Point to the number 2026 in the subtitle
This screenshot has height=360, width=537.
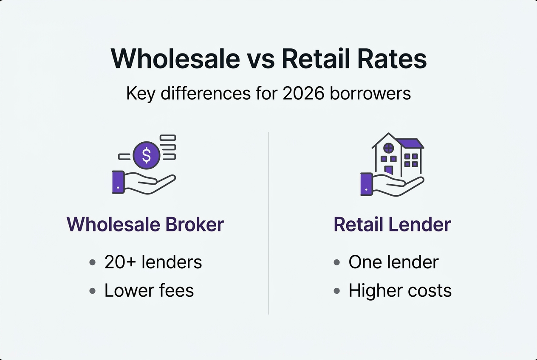[303, 93]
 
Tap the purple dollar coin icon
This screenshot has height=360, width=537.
[146, 155]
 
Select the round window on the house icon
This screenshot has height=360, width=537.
[388, 148]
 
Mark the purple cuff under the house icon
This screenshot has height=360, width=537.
[366, 184]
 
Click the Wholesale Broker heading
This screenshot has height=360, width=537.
[145, 224]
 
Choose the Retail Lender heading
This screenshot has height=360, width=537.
[392, 224]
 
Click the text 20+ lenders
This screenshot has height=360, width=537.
[153, 262]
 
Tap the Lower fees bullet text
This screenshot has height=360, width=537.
[149, 290]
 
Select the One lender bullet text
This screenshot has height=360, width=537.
[393, 262]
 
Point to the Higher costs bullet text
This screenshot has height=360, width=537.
[399, 290]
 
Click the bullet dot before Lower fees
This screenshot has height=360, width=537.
[93, 291]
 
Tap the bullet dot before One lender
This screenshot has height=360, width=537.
[337, 262]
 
